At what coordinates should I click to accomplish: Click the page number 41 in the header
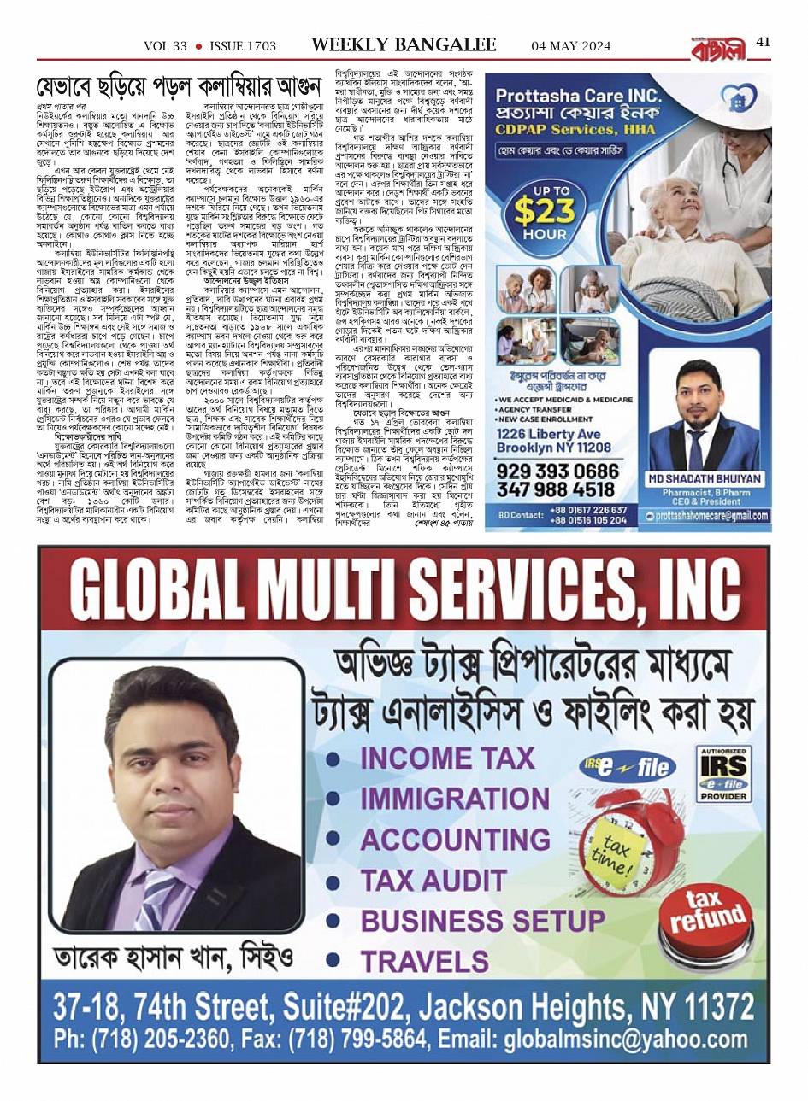tap(764, 42)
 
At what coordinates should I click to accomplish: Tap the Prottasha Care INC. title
tap(579, 97)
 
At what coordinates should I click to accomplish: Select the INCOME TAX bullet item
tap(446, 758)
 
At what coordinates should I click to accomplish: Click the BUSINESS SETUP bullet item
tap(482, 921)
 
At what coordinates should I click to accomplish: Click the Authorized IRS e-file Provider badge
tap(723, 774)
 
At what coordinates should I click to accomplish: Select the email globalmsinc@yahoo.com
tap(625, 1039)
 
